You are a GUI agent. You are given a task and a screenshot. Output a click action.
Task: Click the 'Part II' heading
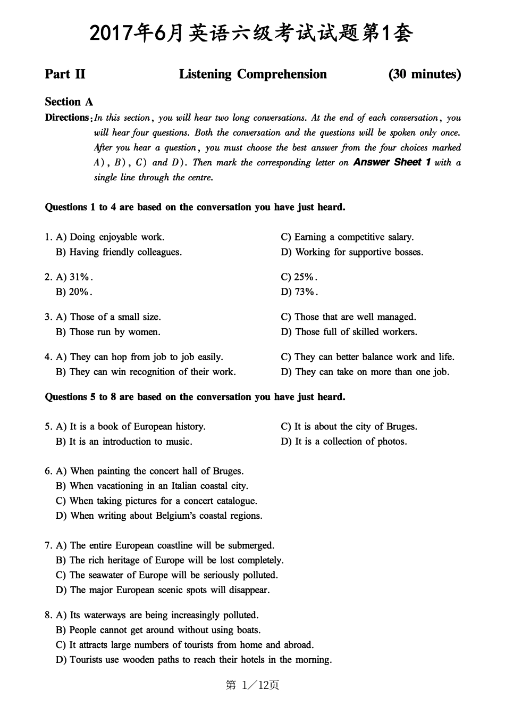[x=65, y=74]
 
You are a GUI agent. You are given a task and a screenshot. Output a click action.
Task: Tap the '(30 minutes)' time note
[x=424, y=74]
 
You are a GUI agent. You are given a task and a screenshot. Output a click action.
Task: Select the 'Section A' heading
[x=69, y=102]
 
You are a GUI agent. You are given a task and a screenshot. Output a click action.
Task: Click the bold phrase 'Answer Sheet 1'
[x=392, y=162]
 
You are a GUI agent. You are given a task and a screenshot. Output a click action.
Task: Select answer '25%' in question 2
[x=306, y=277]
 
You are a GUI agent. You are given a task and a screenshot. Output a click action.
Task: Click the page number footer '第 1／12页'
[x=252, y=685]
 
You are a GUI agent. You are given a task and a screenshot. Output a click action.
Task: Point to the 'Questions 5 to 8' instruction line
[x=195, y=397]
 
